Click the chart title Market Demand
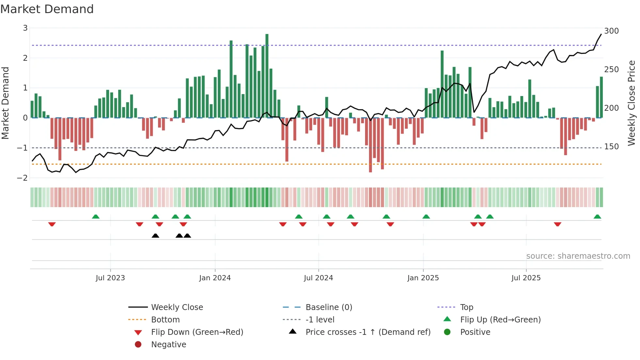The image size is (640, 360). click(47, 9)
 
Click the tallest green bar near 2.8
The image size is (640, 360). click(267, 75)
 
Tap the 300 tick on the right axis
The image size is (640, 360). click(611, 31)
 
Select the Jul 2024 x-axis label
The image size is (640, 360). click(318, 278)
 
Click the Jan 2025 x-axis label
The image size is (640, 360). click(423, 278)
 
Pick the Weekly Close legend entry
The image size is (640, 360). click(177, 307)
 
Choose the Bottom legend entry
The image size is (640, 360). click(165, 320)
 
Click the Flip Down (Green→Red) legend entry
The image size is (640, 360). click(197, 332)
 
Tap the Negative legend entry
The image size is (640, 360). click(168, 345)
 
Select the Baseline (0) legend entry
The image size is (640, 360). click(328, 307)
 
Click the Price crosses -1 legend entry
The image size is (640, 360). click(368, 332)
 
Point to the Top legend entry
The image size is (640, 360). click(466, 307)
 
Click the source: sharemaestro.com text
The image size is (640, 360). click(578, 256)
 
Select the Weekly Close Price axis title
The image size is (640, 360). click(632, 103)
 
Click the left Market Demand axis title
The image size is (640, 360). click(5, 103)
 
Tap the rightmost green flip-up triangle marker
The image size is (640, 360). click(597, 217)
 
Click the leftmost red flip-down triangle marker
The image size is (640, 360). click(52, 224)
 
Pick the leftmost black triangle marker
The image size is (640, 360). click(155, 236)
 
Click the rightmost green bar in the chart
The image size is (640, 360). click(601, 97)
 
